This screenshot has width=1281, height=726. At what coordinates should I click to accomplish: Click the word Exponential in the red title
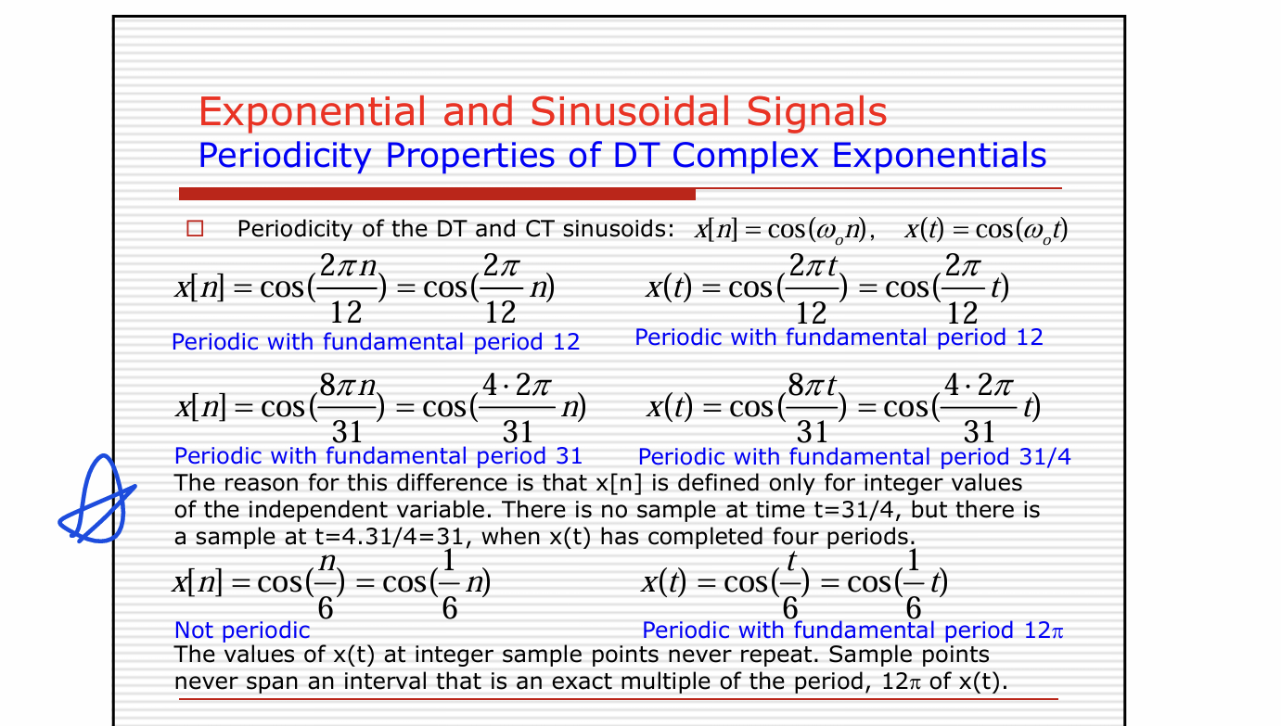(x=313, y=112)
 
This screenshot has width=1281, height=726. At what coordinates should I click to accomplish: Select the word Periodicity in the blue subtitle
(x=285, y=156)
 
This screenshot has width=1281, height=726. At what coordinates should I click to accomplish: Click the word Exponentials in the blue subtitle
(x=939, y=155)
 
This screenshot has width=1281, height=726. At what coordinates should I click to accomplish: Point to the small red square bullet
(x=195, y=229)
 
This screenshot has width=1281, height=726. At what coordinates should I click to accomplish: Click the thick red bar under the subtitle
(x=437, y=194)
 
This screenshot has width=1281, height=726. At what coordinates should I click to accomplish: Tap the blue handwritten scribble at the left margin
(x=97, y=500)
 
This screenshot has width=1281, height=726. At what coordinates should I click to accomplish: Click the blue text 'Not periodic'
(x=242, y=630)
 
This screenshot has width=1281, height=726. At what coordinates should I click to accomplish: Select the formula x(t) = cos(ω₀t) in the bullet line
(x=986, y=230)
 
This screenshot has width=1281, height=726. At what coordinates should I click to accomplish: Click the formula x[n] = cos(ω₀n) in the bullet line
(x=784, y=230)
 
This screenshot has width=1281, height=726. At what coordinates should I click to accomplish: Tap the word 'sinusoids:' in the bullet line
(x=619, y=229)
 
